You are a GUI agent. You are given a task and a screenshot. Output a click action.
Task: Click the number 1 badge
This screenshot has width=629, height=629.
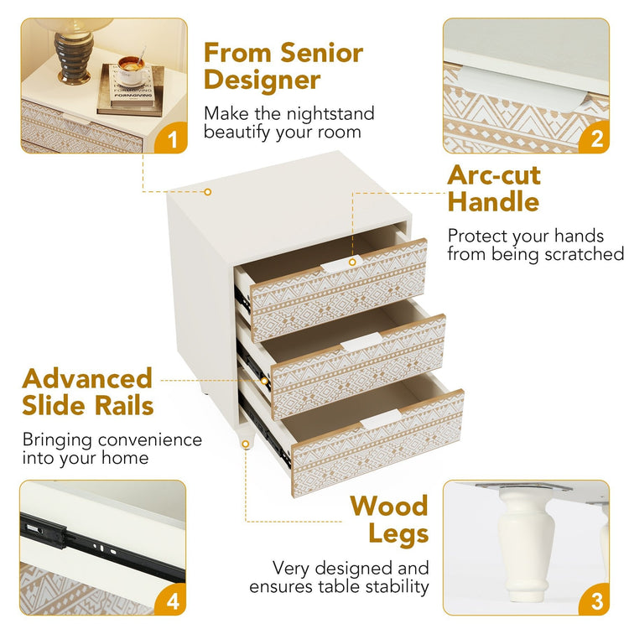(172, 138)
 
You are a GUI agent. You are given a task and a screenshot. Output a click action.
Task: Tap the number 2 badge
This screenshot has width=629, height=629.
(595, 138)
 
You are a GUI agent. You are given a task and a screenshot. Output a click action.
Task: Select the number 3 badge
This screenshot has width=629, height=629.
(595, 600)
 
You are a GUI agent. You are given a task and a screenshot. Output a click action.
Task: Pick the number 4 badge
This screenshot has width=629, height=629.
(172, 600)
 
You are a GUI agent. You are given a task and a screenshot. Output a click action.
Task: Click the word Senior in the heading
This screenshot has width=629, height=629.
(322, 53)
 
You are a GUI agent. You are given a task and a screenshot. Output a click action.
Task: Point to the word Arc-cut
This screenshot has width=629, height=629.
(494, 175)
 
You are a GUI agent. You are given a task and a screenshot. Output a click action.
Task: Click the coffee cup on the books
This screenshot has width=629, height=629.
(131, 70)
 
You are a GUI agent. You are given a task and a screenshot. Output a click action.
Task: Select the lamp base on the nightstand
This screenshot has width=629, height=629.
(75, 59)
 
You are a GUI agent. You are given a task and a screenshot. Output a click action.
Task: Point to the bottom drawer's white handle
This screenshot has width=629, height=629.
(380, 418)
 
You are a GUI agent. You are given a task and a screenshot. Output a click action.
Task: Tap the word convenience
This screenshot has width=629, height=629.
(150, 440)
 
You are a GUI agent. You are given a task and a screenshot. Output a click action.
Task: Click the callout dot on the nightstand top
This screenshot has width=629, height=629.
(207, 192)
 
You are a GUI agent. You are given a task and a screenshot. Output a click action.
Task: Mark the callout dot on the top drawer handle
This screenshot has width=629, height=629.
(352, 263)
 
